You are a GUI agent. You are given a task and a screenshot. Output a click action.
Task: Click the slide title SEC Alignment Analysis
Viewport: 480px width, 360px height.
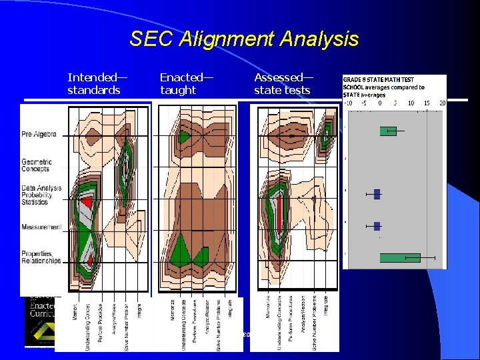tap(244, 39)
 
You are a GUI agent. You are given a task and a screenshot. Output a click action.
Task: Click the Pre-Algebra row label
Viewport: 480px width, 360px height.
tap(39, 134)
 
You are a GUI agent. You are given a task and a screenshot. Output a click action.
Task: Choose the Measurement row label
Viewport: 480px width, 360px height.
tap(41, 227)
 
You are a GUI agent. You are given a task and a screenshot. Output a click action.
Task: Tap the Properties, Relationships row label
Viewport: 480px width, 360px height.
tap(41, 257)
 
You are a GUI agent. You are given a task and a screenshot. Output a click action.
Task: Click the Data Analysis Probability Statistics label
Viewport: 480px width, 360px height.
tap(41, 195)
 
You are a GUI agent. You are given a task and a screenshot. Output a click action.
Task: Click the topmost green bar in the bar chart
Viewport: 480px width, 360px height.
tap(387, 131)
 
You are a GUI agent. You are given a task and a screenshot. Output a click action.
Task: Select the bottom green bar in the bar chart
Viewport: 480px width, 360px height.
tap(399, 257)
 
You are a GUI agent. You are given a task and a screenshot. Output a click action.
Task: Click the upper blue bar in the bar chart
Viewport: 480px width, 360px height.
tap(377, 194)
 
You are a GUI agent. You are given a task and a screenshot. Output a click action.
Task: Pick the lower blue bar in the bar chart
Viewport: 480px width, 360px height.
tap(377, 226)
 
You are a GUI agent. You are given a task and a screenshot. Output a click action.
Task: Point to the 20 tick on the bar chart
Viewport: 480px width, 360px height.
tap(443, 103)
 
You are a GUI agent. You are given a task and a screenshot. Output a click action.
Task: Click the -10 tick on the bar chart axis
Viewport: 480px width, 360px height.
tap(348, 103)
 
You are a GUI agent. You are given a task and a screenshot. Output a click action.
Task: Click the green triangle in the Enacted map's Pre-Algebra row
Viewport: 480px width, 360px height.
tap(185, 136)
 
